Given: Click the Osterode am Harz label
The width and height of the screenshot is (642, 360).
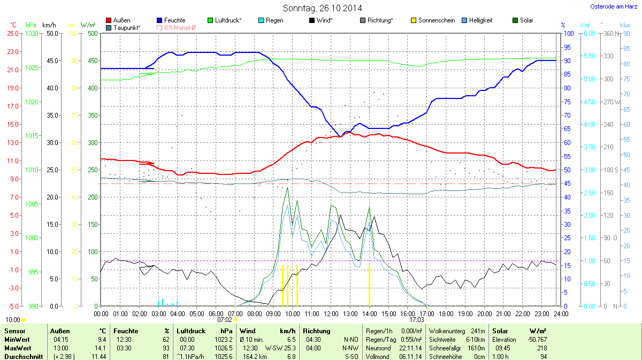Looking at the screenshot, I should (610, 6).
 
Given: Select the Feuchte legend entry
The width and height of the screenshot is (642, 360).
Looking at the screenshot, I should (174, 20).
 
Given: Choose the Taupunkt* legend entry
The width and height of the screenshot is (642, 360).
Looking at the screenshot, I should (127, 27).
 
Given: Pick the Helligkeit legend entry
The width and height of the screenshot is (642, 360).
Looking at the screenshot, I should (480, 20).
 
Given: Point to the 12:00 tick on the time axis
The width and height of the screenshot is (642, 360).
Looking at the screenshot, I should (331, 313).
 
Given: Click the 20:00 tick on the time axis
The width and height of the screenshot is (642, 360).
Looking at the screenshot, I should (485, 313).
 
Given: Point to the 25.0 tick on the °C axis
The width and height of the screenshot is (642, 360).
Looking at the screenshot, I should (12, 33).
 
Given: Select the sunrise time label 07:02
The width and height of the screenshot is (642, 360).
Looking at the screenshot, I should (225, 320).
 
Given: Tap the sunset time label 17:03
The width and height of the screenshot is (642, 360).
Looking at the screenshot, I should (417, 320).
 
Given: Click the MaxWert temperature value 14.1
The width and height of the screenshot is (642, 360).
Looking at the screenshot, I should (100, 348).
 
